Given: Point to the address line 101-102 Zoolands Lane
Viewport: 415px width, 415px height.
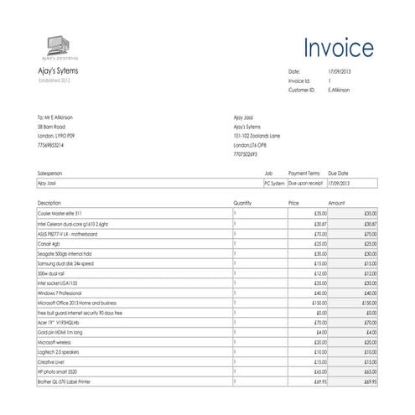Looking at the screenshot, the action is [x=257, y=135].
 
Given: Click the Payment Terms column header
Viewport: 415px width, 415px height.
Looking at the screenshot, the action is [x=303, y=172].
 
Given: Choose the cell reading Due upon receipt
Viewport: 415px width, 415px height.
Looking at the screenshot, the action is [x=305, y=182].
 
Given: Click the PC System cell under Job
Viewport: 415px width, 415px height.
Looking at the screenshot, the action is [x=273, y=182].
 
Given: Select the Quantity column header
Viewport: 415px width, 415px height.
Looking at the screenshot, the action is [x=242, y=203].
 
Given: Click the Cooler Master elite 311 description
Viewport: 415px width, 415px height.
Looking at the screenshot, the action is [x=60, y=214].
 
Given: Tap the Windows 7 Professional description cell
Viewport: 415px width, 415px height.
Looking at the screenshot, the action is [x=61, y=293].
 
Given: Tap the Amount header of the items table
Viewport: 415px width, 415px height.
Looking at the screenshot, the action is [x=337, y=203].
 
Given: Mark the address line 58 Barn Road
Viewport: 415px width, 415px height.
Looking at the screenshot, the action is [x=51, y=126].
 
